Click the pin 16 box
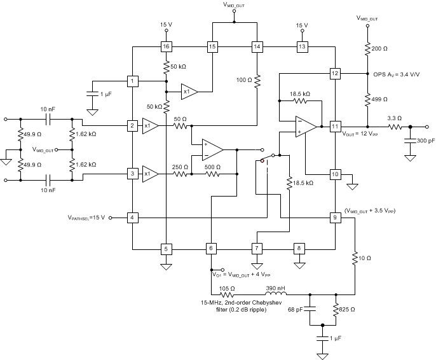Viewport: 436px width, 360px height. point(166,46)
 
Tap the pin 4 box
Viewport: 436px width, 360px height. point(132,218)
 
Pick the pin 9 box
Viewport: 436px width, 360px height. point(335,218)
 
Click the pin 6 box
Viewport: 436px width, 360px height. point(212,248)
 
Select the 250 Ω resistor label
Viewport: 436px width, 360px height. point(182,166)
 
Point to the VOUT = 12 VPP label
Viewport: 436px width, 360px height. point(361,135)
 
